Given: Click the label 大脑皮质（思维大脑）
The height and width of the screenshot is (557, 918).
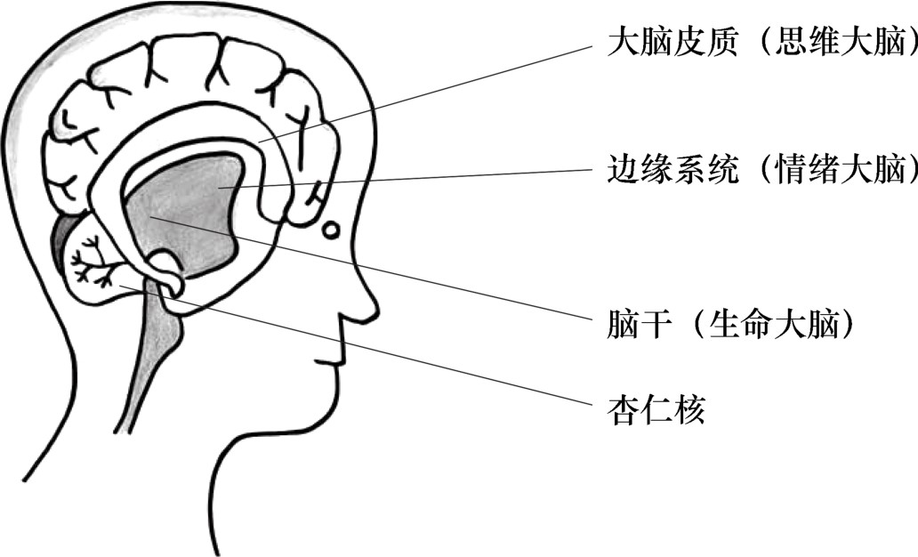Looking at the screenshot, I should click(761, 43).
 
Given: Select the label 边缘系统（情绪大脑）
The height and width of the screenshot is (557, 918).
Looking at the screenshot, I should click(761, 170).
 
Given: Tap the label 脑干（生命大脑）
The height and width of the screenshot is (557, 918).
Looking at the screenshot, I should click(729, 327).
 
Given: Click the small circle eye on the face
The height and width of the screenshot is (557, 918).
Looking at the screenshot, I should click(330, 230).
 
